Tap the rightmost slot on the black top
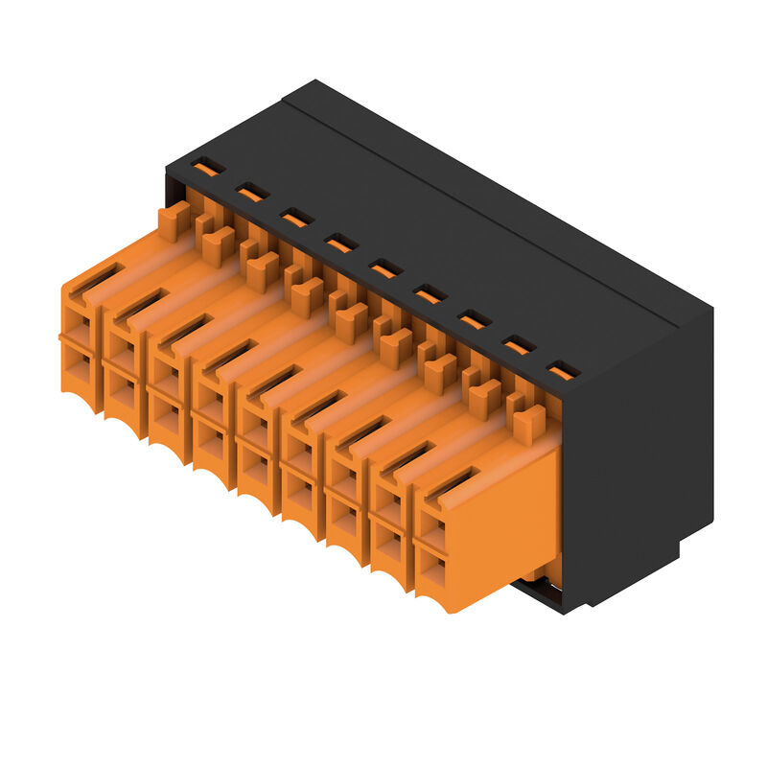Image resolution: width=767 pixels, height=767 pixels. (564, 369)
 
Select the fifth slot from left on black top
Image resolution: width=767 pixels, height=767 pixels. (385, 268)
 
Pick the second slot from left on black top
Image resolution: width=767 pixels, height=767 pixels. (252, 193)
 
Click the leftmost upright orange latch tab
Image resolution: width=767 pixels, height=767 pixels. (174, 221)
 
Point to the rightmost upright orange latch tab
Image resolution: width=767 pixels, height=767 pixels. (528, 423)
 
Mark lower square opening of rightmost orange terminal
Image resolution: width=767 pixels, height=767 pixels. (433, 571)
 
